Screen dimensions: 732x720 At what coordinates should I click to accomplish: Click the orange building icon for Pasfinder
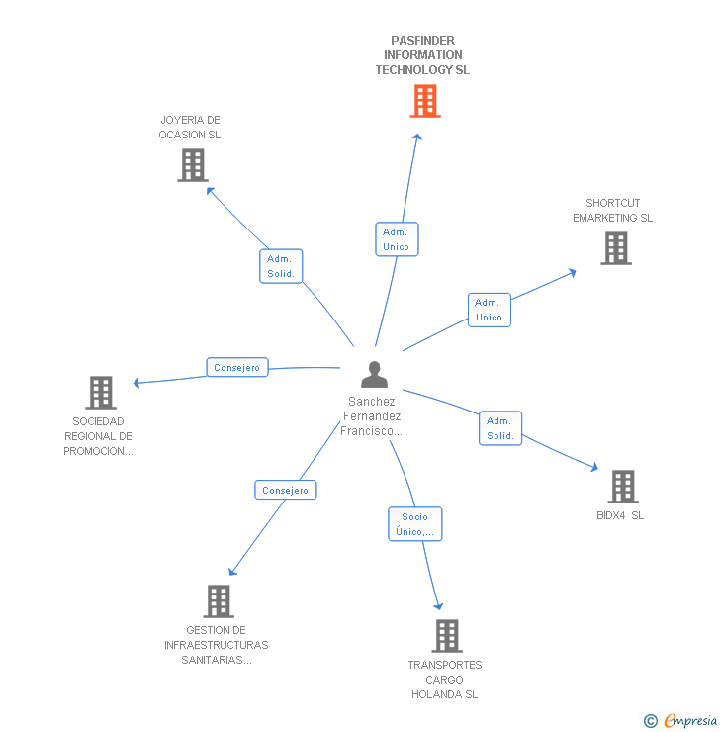point(424,101)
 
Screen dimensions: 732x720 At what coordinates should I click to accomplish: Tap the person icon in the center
point(374,375)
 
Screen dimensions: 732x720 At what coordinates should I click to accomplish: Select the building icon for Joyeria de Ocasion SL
point(193,165)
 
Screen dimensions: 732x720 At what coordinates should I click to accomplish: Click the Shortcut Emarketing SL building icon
point(615,248)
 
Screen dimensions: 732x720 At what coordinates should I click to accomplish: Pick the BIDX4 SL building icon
point(622,487)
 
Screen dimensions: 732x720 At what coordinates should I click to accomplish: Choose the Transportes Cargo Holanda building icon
point(446,636)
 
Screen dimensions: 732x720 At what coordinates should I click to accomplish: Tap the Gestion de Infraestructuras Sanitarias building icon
point(218,600)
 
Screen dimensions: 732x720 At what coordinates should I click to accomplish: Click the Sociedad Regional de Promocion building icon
point(100,393)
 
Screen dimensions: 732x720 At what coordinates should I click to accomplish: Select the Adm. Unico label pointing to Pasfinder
point(396,239)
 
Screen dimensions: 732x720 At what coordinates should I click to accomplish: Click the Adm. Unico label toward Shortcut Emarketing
point(489,310)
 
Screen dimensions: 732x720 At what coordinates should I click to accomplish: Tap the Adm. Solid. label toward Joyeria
point(281,266)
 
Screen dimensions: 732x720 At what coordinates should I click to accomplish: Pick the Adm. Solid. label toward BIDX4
point(499,428)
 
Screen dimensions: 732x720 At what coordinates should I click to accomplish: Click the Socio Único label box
point(414,524)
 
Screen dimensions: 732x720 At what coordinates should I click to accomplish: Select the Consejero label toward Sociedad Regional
point(236,368)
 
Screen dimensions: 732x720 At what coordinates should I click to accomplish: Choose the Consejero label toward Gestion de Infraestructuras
point(286,490)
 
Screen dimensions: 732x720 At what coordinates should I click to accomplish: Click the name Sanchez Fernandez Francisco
point(372,416)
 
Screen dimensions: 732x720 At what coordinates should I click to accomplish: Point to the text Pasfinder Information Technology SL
point(422,55)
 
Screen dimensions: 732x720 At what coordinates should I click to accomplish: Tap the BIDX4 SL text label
point(620,515)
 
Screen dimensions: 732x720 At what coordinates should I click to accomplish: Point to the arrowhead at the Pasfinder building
point(418,137)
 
